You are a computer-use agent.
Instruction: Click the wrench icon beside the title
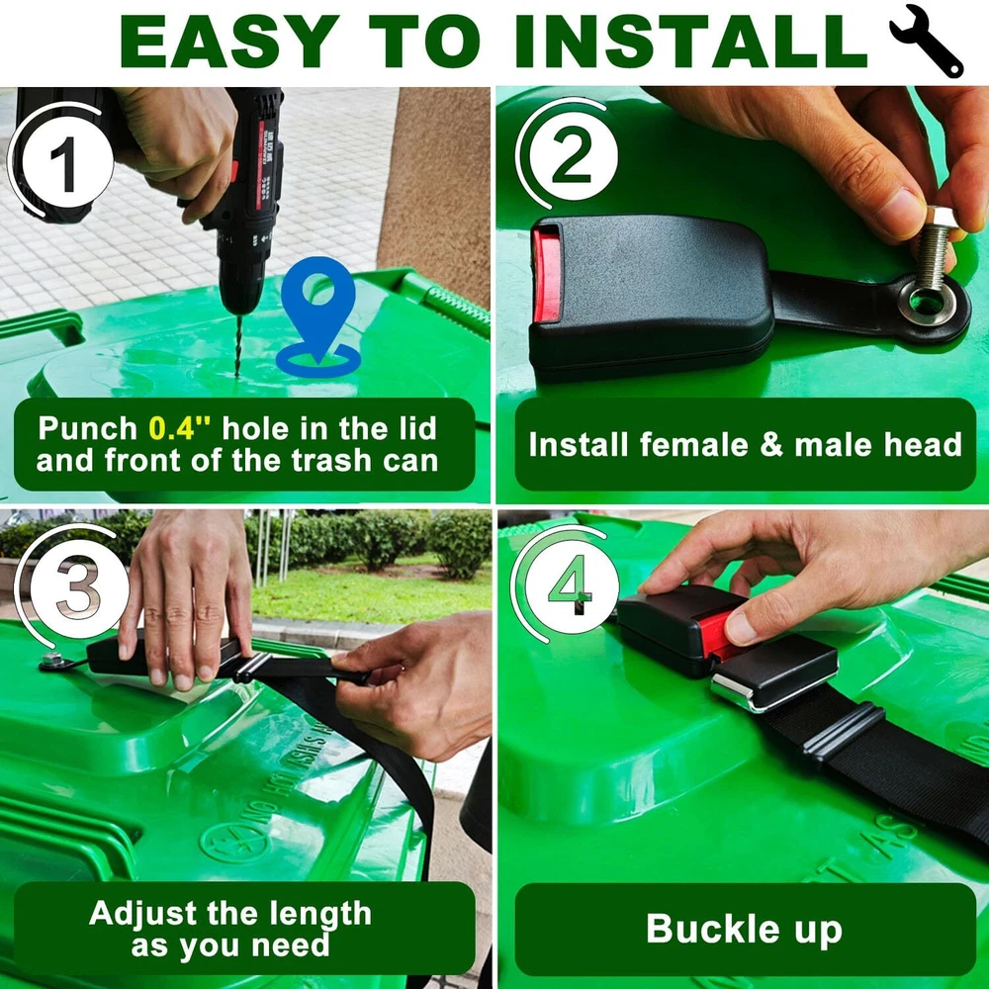[926, 41]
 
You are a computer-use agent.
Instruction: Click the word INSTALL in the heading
[691, 41]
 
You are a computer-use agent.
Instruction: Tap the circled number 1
[63, 162]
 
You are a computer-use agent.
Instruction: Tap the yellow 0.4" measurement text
[180, 429]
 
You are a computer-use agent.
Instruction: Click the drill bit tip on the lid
[237, 375]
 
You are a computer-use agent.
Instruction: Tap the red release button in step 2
[546, 274]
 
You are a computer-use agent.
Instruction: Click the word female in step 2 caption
[694, 445]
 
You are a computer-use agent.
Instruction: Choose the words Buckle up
[745, 930]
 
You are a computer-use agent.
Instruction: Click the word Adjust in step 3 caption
[142, 914]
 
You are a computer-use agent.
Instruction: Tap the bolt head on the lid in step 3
[51, 661]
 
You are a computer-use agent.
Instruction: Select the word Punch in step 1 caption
[88, 429]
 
